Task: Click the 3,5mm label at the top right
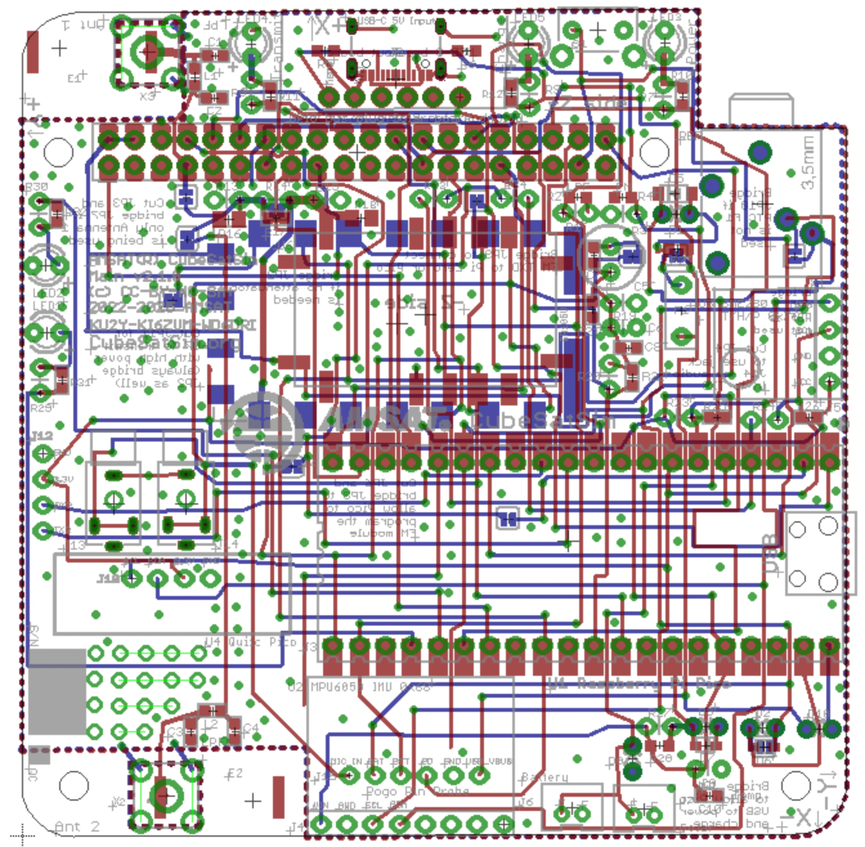tap(808, 162)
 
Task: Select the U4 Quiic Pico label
tap(251, 642)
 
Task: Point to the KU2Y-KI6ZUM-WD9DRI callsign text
tap(172, 325)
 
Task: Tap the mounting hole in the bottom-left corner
tap(73, 785)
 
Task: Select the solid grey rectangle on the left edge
tap(57, 691)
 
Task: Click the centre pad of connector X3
tap(147, 51)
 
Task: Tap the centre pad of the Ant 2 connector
tap(165, 795)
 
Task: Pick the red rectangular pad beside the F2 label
tap(278, 797)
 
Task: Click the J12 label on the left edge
tap(42, 436)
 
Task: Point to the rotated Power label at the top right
tap(691, 42)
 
